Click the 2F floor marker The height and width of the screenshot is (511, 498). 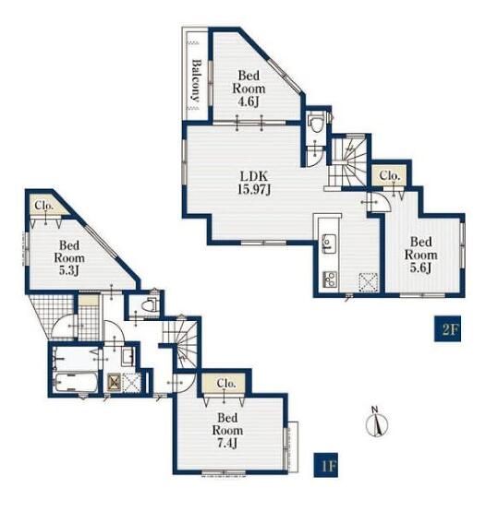pyautogui.click(x=447, y=328)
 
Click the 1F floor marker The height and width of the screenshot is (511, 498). pyautogui.click(x=326, y=465)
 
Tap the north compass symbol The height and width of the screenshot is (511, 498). pyautogui.click(x=377, y=422)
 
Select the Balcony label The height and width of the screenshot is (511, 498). pyautogui.click(x=196, y=80)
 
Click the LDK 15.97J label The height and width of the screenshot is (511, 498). pyautogui.click(x=254, y=183)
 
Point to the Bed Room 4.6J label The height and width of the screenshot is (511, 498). pyautogui.click(x=249, y=89)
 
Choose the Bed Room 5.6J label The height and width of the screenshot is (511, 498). pyautogui.click(x=421, y=255)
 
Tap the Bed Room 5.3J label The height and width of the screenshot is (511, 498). pyautogui.click(x=69, y=257)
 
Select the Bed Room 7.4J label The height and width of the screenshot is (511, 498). pyautogui.click(x=227, y=430)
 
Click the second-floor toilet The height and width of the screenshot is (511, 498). pyautogui.click(x=316, y=122)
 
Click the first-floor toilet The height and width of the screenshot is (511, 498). pyautogui.click(x=152, y=304)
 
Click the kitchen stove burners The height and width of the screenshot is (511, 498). pyautogui.click(x=330, y=279)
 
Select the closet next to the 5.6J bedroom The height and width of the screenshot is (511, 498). pyautogui.click(x=390, y=176)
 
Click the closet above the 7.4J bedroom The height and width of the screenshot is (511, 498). pyautogui.click(x=224, y=384)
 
